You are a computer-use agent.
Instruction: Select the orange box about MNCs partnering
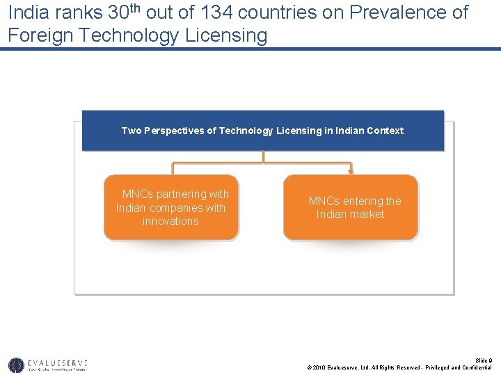171,207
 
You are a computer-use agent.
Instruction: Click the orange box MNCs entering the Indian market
351,207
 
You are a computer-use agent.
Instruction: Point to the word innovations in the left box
170,222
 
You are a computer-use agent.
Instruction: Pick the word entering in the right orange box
362,201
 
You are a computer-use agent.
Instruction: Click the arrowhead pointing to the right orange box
351,171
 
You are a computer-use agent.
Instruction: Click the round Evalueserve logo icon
16,365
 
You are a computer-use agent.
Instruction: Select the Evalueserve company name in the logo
58,362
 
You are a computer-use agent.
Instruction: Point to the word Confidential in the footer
477,367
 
